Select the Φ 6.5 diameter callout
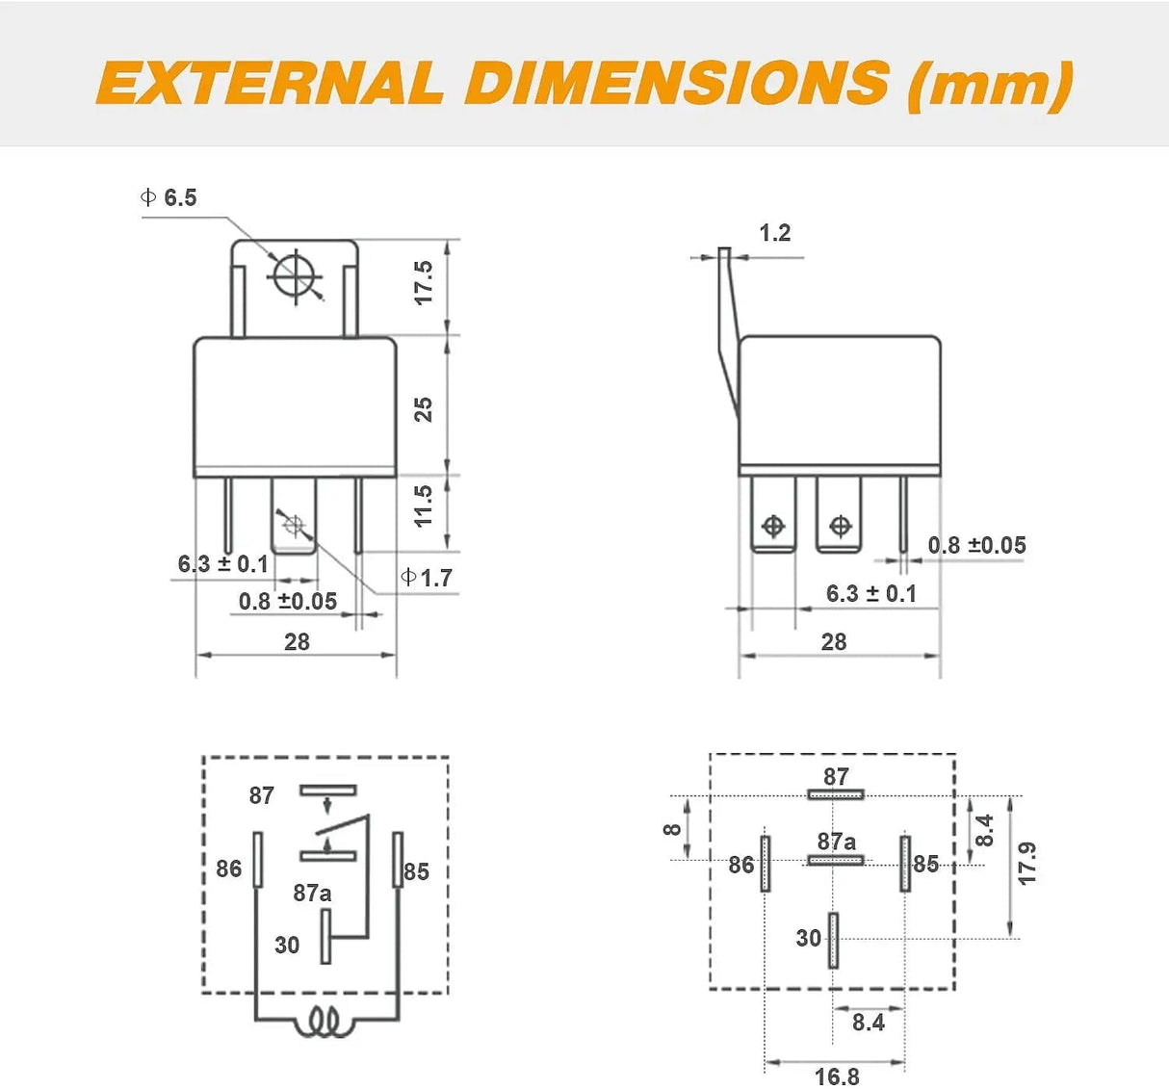[169, 197]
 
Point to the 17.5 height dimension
[424, 283]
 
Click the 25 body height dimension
[424, 409]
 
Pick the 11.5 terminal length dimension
[424, 506]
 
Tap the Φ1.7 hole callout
[427, 578]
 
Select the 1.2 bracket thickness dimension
[774, 233]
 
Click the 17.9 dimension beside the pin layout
[1027, 864]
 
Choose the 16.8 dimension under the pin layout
[837, 1076]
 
